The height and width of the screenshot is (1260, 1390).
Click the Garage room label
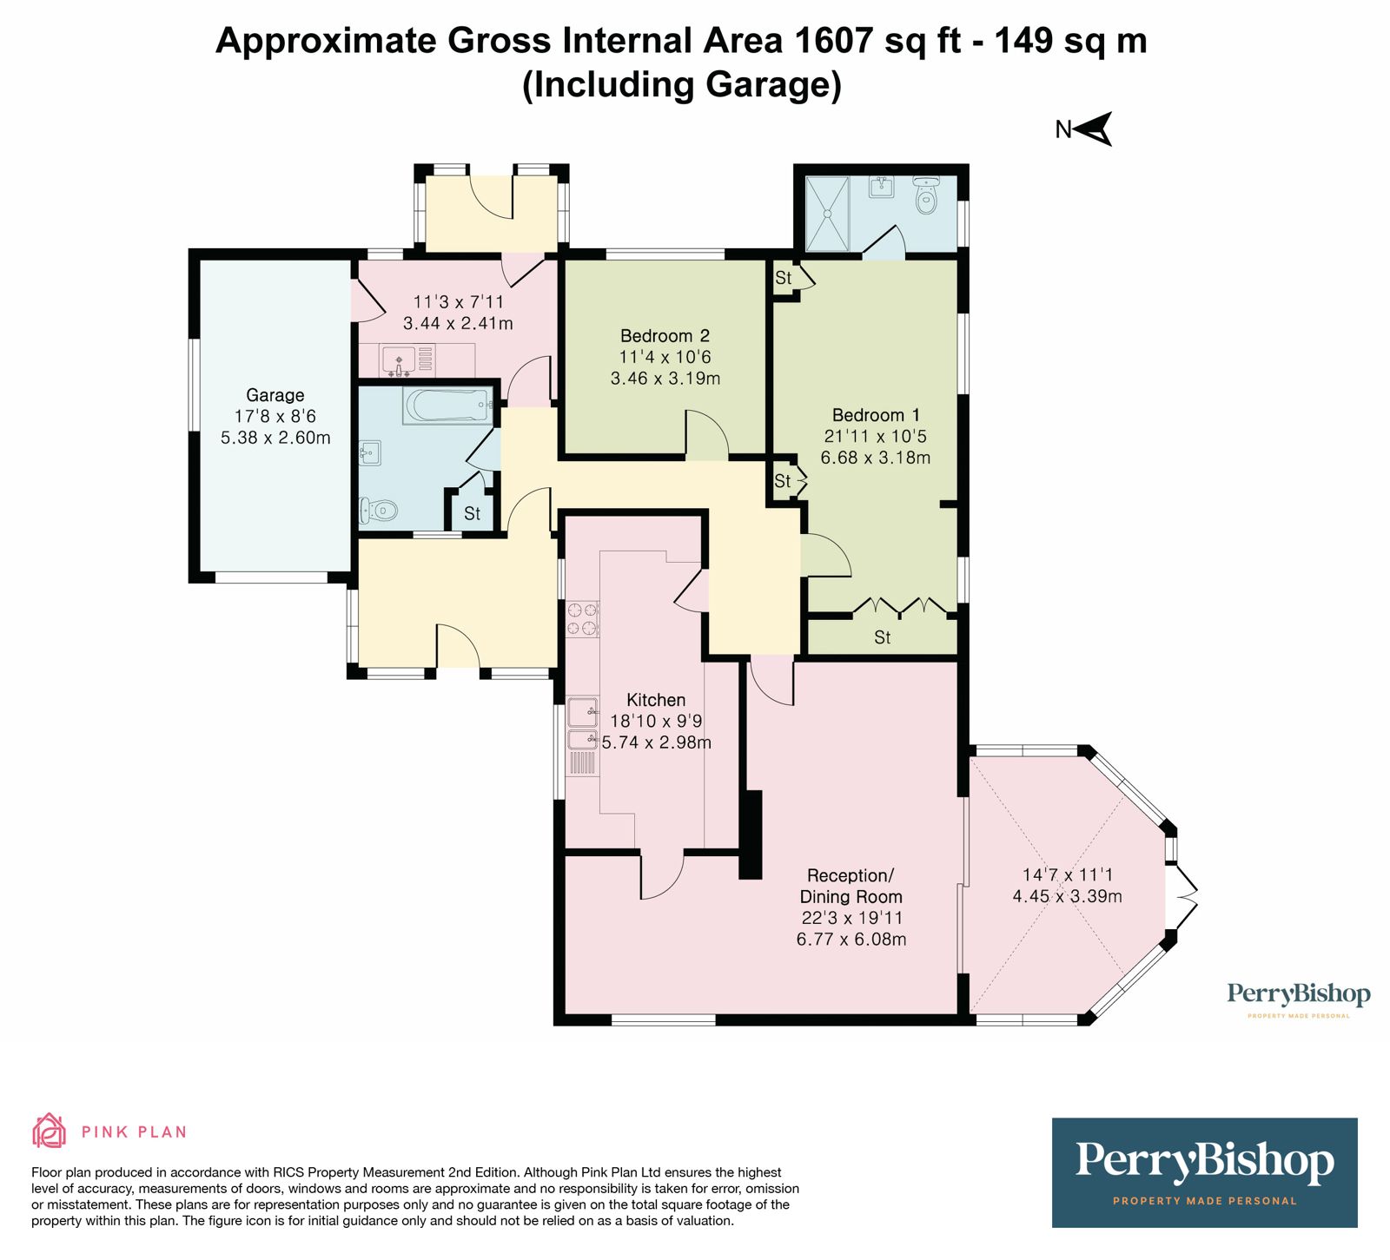(275, 395)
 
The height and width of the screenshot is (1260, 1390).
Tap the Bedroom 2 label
(665, 336)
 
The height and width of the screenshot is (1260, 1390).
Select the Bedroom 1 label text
(875, 415)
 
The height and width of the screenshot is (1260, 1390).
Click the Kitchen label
(656, 700)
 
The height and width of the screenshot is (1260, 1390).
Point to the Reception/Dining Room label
(850, 886)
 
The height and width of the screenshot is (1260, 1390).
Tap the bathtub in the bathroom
(447, 406)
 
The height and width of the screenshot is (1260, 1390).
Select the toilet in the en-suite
(926, 197)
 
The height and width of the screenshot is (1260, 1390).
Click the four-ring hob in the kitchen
(582, 618)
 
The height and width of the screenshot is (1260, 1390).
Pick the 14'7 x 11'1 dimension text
(1067, 875)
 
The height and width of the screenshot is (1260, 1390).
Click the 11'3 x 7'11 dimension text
(458, 302)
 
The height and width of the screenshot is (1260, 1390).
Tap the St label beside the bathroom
(472, 513)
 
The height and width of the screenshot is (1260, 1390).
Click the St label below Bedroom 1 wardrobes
(882, 637)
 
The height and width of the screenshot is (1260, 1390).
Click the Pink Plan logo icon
(50, 1131)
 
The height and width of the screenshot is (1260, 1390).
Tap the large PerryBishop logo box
(1204, 1171)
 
